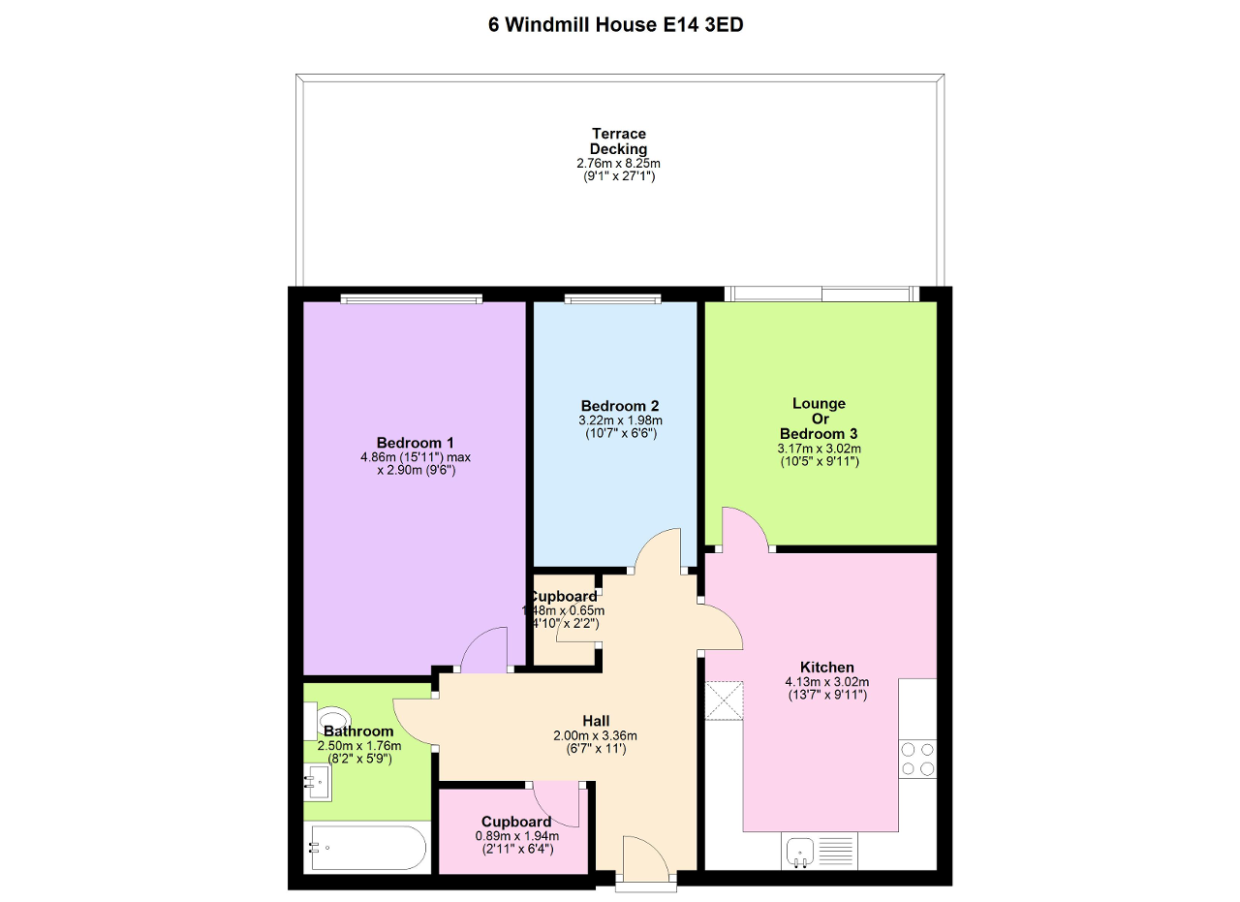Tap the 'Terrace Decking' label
point(618,141)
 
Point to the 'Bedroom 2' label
point(620,406)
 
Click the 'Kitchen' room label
point(826,668)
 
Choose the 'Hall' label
point(595,721)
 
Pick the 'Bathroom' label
point(358,731)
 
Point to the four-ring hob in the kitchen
point(917,759)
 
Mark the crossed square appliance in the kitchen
point(725,700)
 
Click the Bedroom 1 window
point(412,298)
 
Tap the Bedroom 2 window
point(614,298)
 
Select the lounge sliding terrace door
point(821,294)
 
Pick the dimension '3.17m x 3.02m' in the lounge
point(820,449)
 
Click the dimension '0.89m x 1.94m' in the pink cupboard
point(515,836)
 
